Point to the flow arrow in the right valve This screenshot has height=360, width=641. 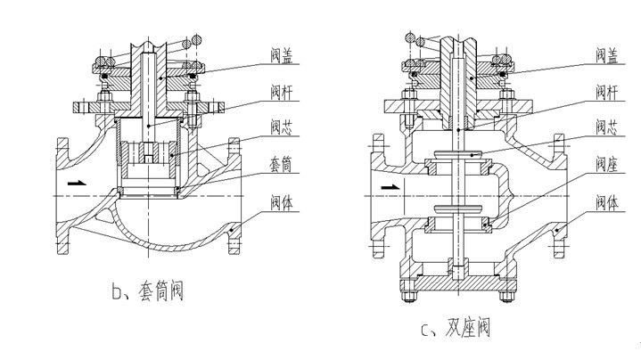[390, 187]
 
